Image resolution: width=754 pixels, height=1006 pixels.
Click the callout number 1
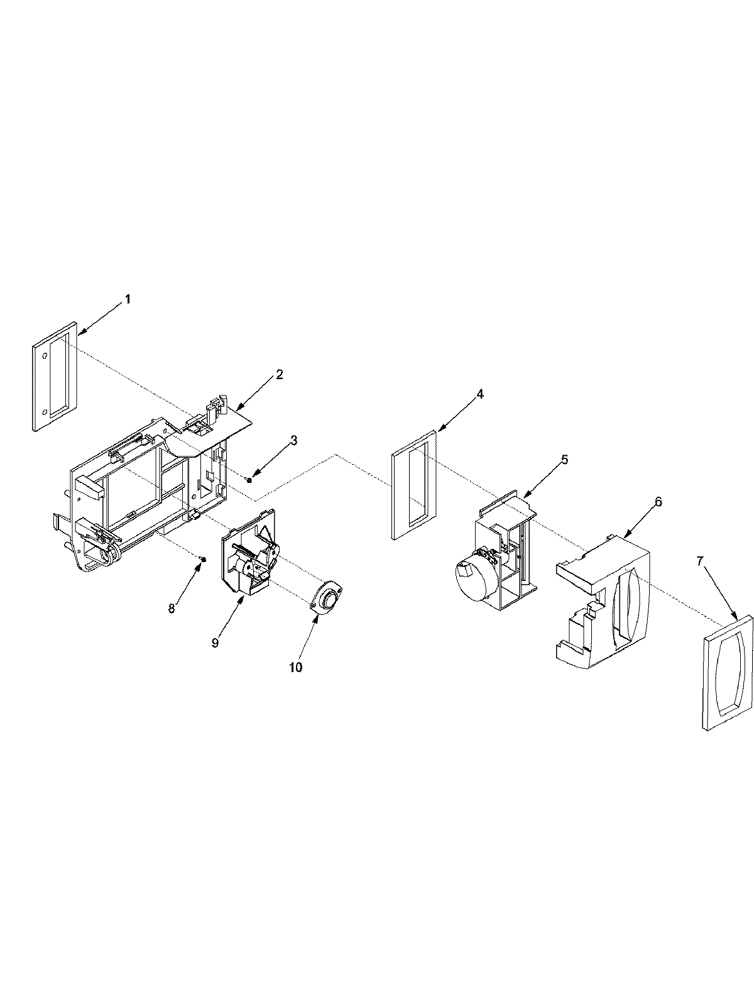click(x=128, y=299)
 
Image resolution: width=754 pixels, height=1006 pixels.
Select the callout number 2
click(x=279, y=375)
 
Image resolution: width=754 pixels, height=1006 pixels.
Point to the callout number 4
click(x=480, y=394)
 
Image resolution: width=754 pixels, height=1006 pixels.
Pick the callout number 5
click(x=564, y=460)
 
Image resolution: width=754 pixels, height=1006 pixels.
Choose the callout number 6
click(x=658, y=501)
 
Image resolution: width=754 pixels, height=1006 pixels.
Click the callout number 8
click(x=172, y=608)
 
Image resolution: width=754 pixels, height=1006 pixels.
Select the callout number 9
click(x=215, y=643)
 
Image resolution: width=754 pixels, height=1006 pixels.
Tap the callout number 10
click(x=295, y=667)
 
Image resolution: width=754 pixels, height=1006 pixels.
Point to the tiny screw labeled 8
click(x=201, y=558)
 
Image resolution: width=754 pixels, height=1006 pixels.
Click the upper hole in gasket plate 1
click(x=45, y=356)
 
